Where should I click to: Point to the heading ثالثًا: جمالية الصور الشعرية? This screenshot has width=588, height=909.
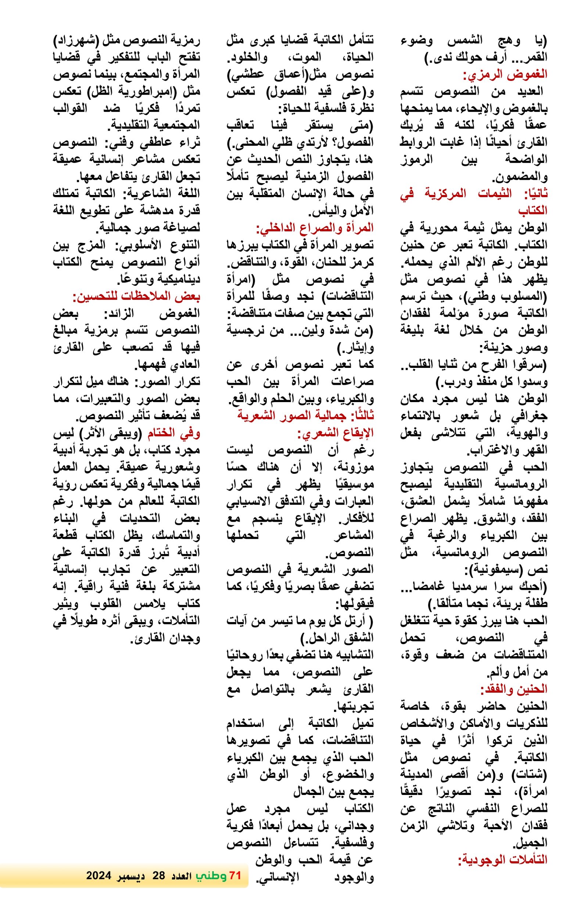pyautogui.click(x=305, y=416)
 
